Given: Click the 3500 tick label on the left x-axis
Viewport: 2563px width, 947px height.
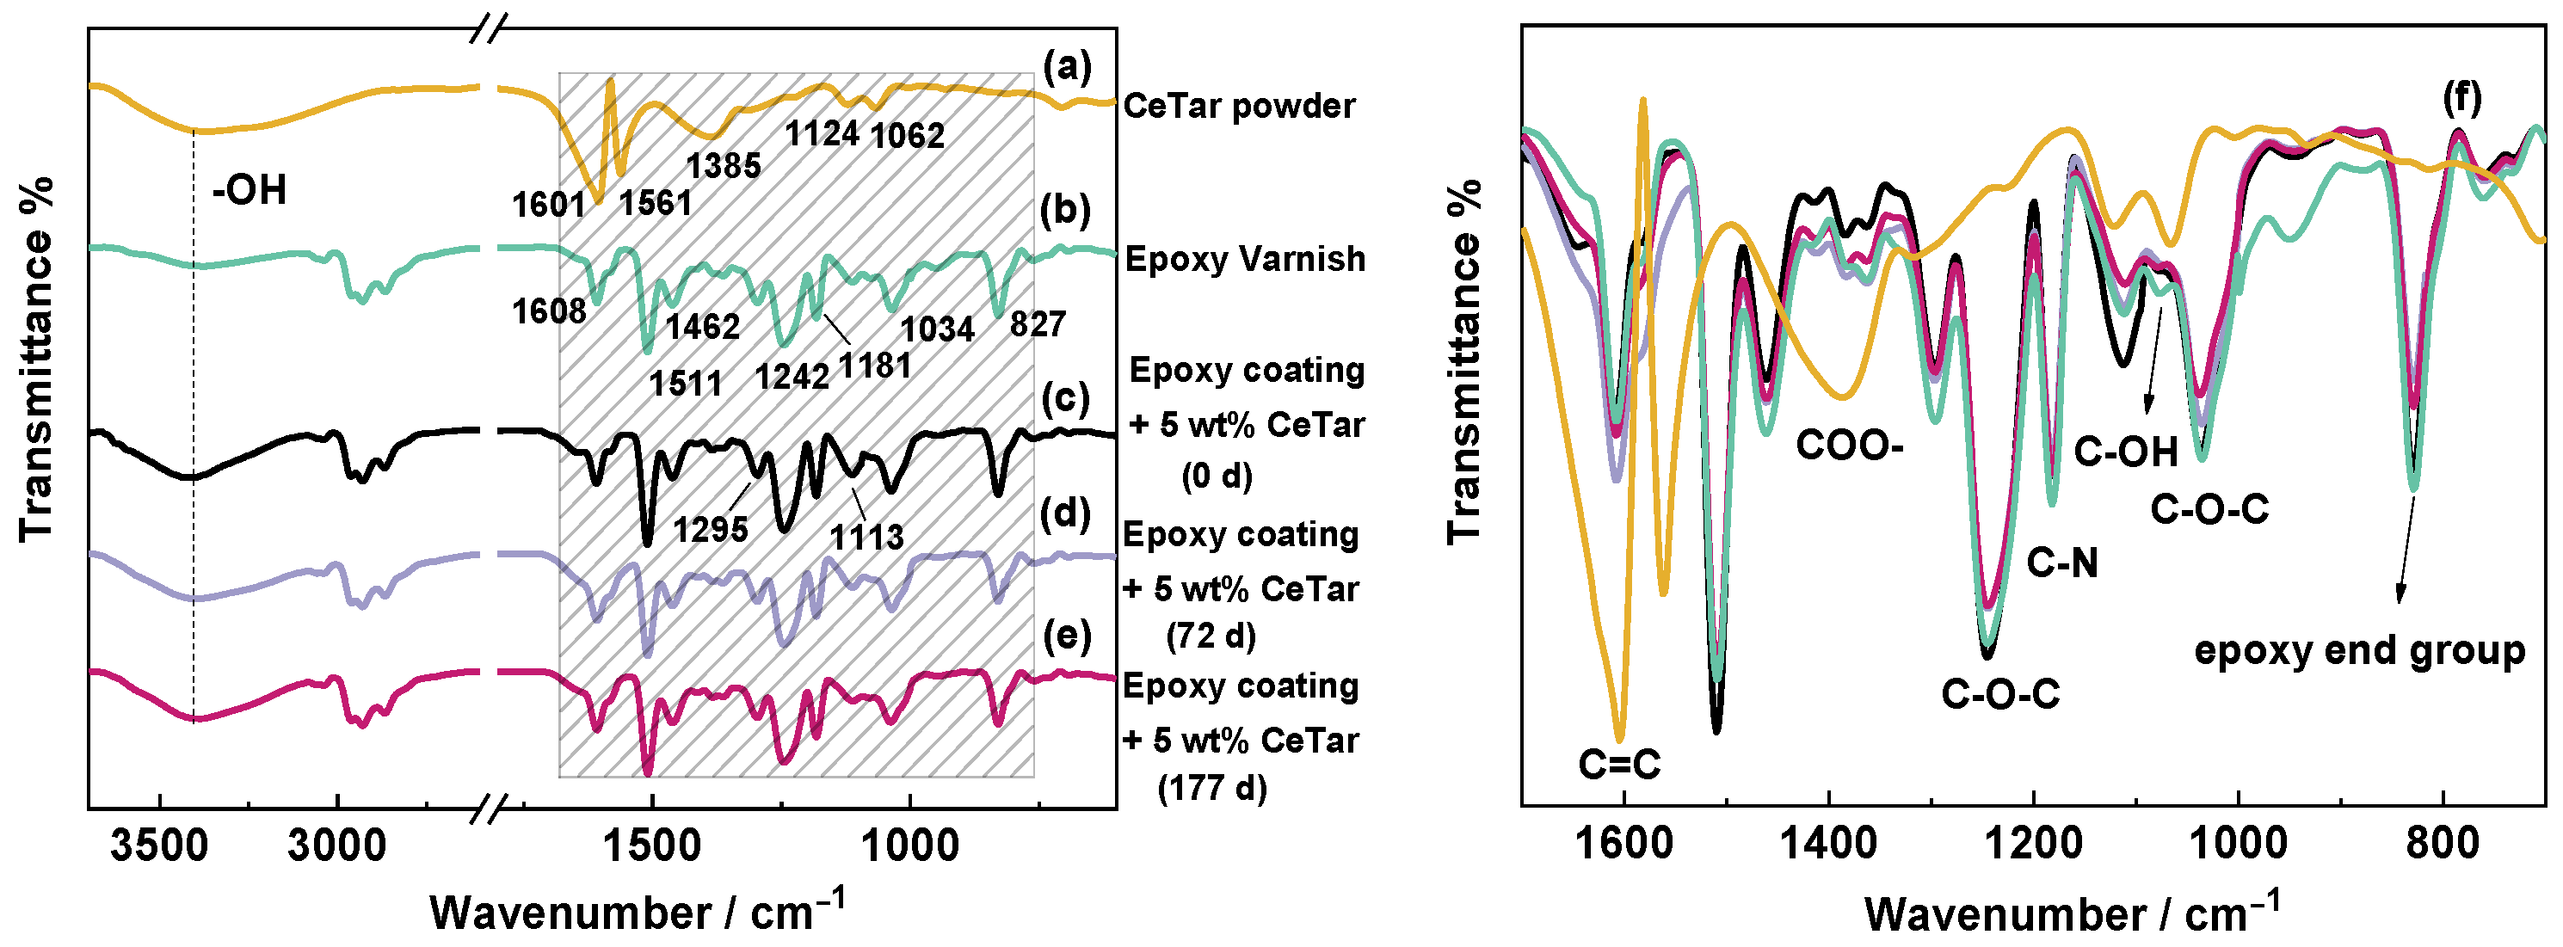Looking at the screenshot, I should (159, 846).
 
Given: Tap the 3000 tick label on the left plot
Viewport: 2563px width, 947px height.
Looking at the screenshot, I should (337, 846).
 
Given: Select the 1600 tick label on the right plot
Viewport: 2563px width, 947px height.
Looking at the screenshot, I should (1623, 845).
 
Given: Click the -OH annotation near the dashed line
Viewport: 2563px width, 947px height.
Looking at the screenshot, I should (249, 189).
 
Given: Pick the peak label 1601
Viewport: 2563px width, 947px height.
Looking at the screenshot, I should (548, 205).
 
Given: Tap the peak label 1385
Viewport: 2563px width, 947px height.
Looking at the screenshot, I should (724, 166).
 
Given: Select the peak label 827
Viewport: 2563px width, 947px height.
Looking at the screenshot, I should (1038, 324).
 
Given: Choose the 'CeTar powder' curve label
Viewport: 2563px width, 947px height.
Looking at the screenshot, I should (1239, 106).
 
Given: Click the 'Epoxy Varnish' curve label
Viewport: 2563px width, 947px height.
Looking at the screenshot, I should (1245, 259).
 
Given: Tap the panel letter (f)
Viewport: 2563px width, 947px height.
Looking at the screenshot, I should (2461, 97).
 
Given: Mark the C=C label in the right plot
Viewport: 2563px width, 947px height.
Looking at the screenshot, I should (1620, 764).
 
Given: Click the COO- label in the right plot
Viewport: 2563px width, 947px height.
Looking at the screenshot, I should (1849, 446).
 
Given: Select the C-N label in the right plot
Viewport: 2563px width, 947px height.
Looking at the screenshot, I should (2062, 564).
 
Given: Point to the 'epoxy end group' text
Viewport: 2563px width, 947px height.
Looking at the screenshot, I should (2359, 650).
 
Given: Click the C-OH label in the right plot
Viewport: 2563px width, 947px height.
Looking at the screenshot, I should (2126, 452).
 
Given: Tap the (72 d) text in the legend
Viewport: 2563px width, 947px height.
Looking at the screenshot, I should (1211, 635).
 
